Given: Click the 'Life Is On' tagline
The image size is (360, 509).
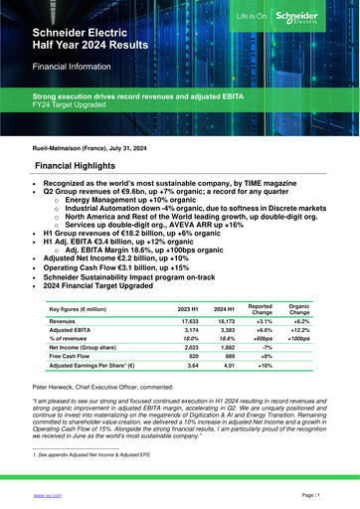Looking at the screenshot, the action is click(x=275, y=19).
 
